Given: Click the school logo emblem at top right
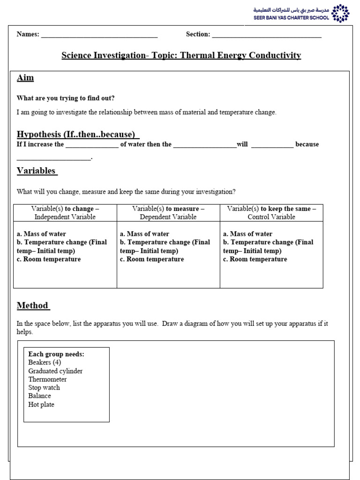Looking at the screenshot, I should click(x=340, y=13).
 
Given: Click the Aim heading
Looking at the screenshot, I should click(x=25, y=78).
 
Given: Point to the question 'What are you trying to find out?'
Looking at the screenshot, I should click(x=66, y=98).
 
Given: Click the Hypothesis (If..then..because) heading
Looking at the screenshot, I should click(x=78, y=135).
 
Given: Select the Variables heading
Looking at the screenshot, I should click(x=37, y=171).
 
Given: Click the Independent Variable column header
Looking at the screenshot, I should click(x=65, y=213).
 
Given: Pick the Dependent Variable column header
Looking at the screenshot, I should click(x=168, y=213).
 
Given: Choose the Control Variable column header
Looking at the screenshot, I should click(x=271, y=213).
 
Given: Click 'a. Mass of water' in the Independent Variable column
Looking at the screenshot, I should click(x=41, y=234).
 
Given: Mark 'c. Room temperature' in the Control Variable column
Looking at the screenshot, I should click(x=255, y=259).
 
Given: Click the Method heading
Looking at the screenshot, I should click(x=33, y=306).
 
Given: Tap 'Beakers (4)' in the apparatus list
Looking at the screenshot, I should click(x=45, y=362).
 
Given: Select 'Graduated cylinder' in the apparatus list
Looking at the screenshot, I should click(x=55, y=371).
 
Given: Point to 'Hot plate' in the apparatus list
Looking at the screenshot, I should click(x=41, y=405).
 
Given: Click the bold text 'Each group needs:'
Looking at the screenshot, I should click(x=56, y=354).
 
